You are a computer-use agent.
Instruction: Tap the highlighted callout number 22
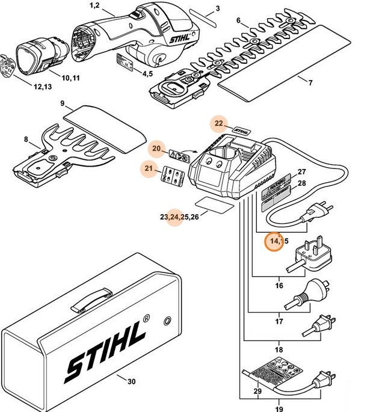[x=219, y=125]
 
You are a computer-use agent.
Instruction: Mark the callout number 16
[x=279, y=286]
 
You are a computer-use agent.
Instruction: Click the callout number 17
[x=279, y=321]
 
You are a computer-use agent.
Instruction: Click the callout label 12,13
[x=42, y=87]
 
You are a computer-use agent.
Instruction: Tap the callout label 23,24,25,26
[x=179, y=216]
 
